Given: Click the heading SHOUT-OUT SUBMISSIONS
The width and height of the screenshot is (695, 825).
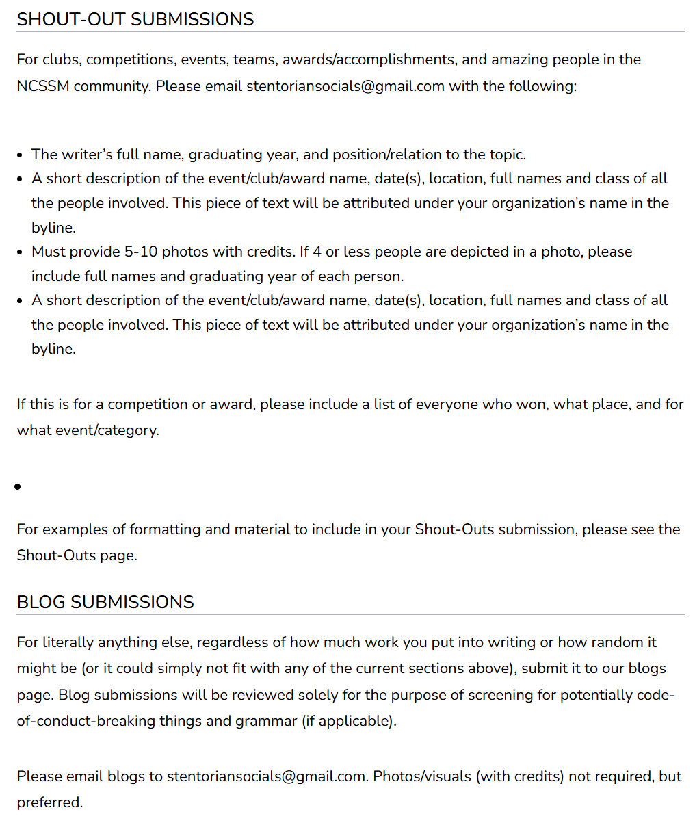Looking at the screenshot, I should [135, 19].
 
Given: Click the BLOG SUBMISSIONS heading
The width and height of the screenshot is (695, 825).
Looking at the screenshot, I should [105, 602].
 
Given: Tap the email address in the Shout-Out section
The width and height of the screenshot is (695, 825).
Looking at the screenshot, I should [345, 86].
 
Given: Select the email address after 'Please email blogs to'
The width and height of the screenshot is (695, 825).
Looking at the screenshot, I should [266, 776].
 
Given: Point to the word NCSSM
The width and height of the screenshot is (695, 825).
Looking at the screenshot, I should [43, 86].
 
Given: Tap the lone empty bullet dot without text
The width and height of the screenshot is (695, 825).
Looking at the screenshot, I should [18, 487].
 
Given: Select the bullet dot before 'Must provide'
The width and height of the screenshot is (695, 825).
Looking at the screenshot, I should [20, 252].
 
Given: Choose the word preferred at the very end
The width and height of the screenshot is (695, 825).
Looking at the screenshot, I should [49, 802].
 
